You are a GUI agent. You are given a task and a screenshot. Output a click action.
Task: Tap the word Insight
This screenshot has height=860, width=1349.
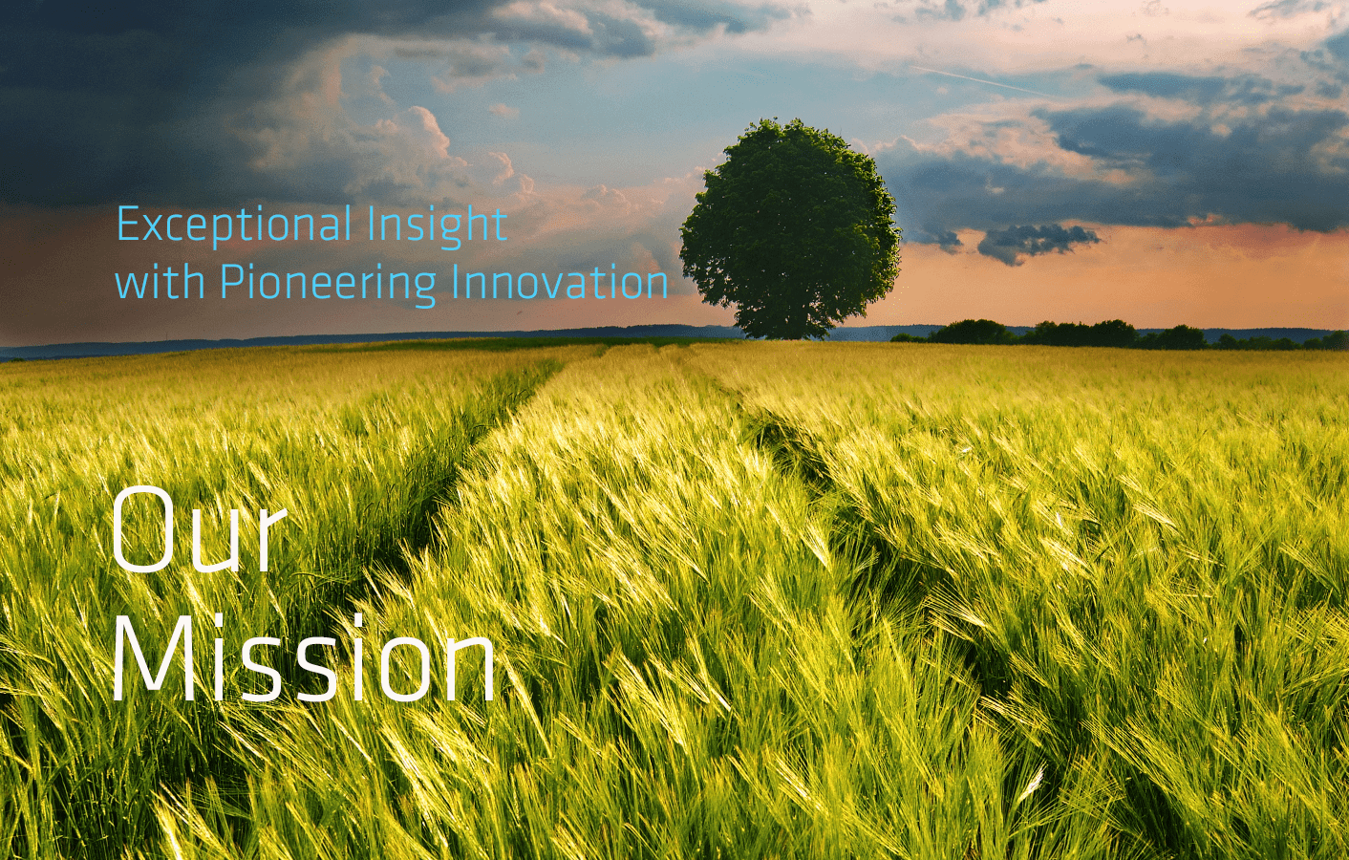pyautogui.click(x=437, y=226)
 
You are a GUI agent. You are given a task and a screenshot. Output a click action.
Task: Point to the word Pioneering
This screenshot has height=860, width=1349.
pyautogui.click(x=328, y=284)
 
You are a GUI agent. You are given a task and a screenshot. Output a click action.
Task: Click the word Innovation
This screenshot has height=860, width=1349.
pyautogui.click(x=560, y=281)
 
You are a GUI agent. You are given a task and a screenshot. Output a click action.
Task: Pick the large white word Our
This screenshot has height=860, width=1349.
pyautogui.click(x=199, y=529)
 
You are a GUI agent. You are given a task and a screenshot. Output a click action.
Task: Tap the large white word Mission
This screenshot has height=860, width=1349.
pyautogui.click(x=304, y=657)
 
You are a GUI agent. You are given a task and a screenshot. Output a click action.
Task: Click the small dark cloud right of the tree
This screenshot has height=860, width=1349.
pyautogui.click(x=1037, y=243)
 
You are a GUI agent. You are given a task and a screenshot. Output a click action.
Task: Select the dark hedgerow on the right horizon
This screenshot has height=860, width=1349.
pyautogui.click(x=1120, y=334)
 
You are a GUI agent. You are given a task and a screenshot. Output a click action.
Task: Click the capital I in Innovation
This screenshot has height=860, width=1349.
pyautogui.click(x=456, y=281)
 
